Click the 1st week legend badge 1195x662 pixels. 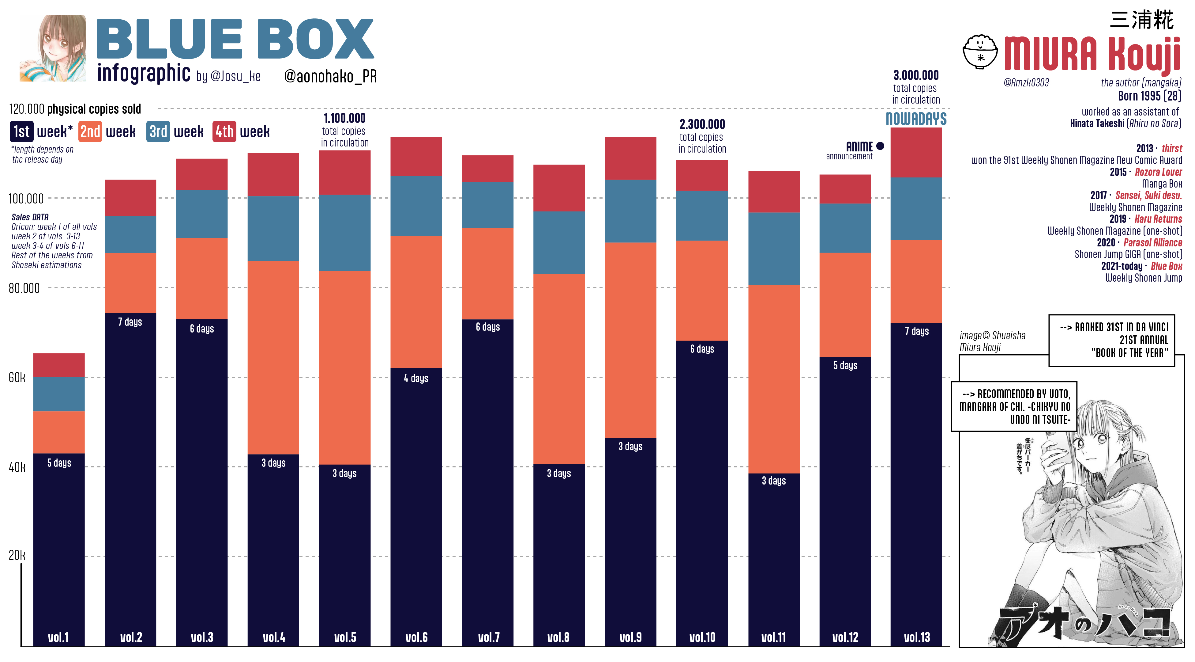pyautogui.click(x=22, y=132)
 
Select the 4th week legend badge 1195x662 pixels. pyautogui.click(x=224, y=132)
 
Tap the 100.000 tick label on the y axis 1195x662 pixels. pyautogui.click(x=26, y=199)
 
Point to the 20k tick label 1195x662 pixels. pyautogui.click(x=17, y=555)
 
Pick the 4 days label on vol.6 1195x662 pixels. pyautogui.click(x=416, y=379)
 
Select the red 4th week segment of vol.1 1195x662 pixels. pyautogui.click(x=59, y=365)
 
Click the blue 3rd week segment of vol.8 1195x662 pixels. pyautogui.click(x=559, y=242)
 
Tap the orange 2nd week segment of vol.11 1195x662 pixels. pyautogui.click(x=774, y=379)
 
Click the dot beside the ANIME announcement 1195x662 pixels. pyautogui.click(x=880, y=146)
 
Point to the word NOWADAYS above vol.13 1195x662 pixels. pyautogui.click(x=916, y=119)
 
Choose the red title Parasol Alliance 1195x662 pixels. pyautogui.click(x=1153, y=243)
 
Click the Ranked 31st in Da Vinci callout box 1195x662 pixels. pyautogui.click(x=1111, y=340)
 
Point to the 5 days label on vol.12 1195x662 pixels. pyautogui.click(x=845, y=365)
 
